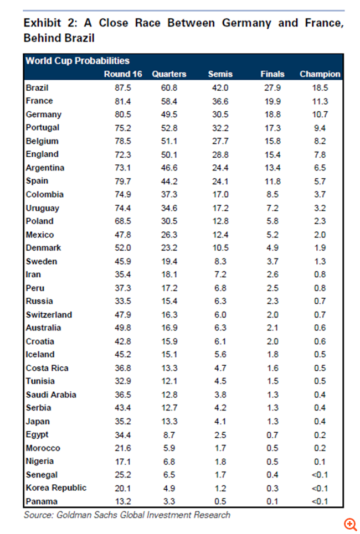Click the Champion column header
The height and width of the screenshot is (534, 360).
click(x=320, y=74)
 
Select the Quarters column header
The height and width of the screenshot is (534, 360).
click(x=169, y=74)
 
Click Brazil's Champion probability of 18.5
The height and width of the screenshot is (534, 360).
click(x=320, y=87)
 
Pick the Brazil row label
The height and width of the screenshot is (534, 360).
click(x=37, y=87)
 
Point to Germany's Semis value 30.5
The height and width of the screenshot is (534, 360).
click(x=220, y=115)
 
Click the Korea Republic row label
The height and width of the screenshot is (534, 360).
click(x=56, y=488)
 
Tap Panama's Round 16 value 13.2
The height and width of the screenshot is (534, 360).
click(x=122, y=501)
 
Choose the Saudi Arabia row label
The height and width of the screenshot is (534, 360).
click(x=51, y=395)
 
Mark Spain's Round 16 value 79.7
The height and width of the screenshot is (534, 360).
click(x=122, y=181)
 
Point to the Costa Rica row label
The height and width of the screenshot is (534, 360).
click(x=47, y=368)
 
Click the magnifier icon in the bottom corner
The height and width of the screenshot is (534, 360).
click(x=349, y=523)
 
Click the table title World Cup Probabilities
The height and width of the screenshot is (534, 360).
click(x=78, y=61)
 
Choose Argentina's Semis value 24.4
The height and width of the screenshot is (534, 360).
click(x=220, y=168)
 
